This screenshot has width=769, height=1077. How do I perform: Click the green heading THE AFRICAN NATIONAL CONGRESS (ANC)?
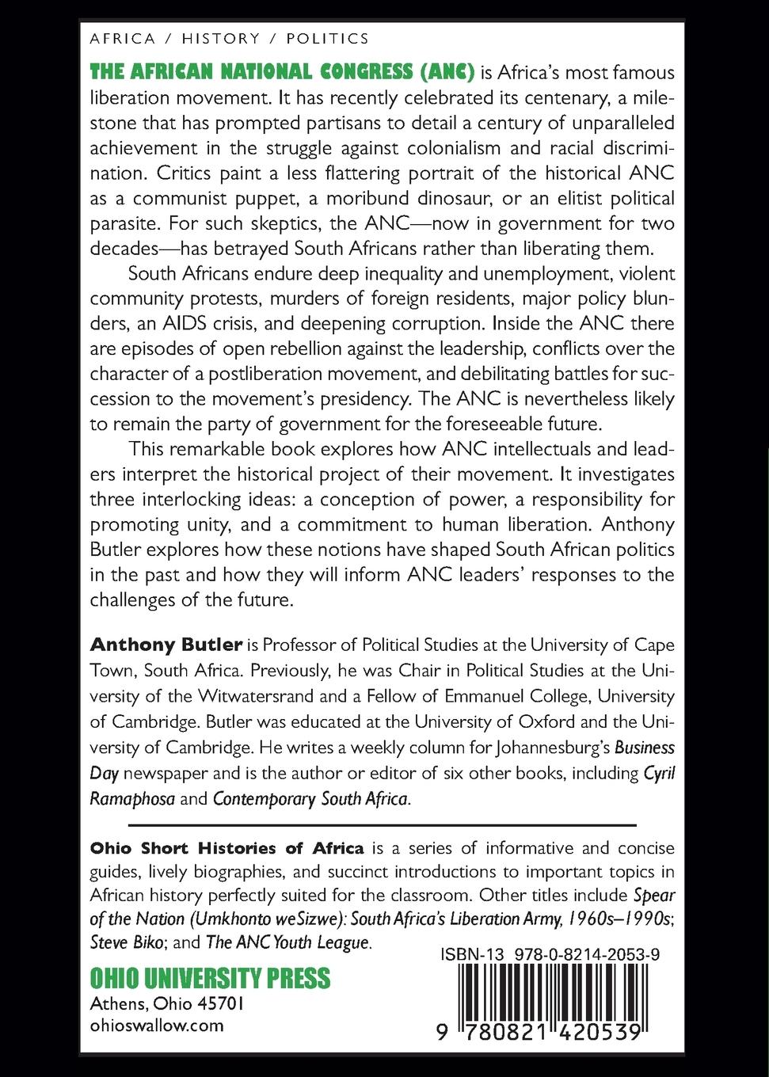[282, 73]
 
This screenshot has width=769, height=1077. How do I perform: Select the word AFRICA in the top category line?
[123, 38]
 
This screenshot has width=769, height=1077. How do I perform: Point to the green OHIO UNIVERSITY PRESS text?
[210, 978]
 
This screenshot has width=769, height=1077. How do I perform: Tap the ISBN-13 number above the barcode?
[550, 955]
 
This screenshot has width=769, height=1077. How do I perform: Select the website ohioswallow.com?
[157, 1026]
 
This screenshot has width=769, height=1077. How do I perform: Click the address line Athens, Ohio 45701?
[167, 1003]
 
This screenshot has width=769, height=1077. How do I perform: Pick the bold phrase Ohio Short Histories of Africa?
[227, 848]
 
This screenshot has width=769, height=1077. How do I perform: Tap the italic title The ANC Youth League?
[287, 943]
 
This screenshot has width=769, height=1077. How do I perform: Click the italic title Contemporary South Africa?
[310, 798]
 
